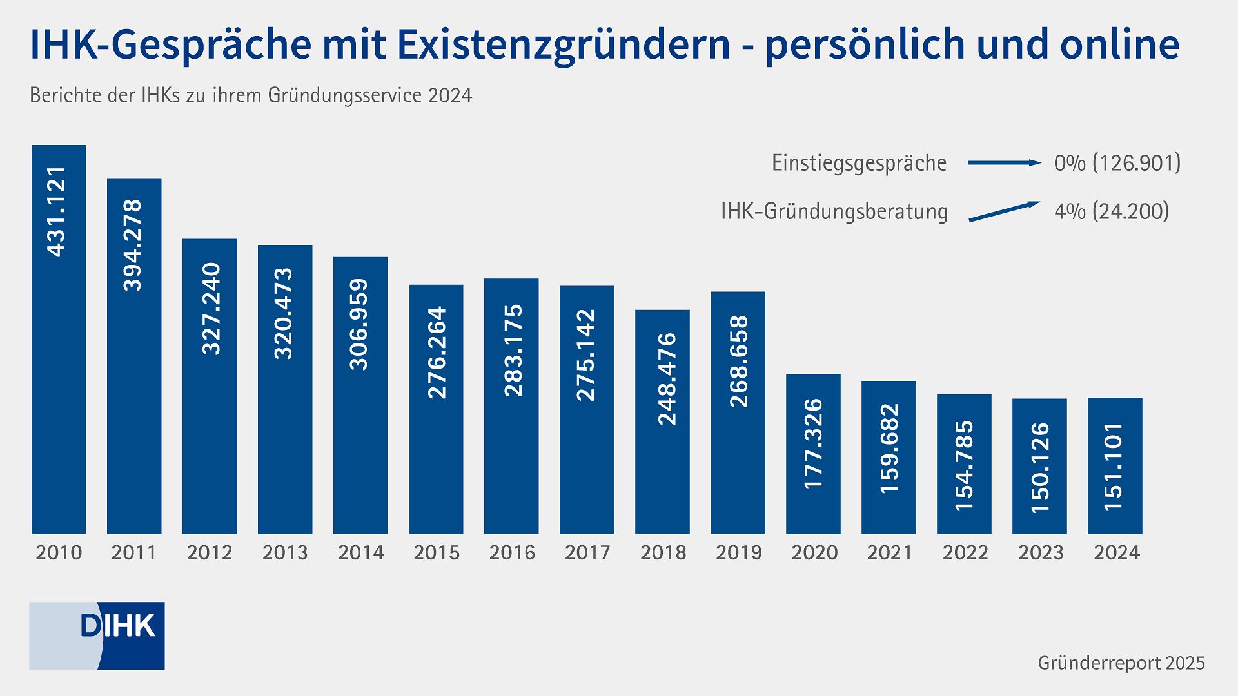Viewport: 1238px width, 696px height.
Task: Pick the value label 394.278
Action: click(x=133, y=245)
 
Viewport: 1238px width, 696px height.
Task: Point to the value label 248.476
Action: click(x=667, y=378)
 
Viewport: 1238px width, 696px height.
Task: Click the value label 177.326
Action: click(x=814, y=443)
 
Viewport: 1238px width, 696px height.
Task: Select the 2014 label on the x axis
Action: click(x=360, y=553)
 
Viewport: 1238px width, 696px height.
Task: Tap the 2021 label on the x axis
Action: click(x=889, y=553)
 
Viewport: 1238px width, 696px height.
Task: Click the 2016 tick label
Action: click(x=511, y=553)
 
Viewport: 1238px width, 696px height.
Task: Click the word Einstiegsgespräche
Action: click(x=859, y=163)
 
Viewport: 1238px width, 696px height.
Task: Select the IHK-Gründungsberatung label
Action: click(x=834, y=211)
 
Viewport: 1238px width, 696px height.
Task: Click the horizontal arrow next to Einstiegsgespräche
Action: click(x=1003, y=163)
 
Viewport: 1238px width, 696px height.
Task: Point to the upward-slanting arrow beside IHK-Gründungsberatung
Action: click(x=1003, y=212)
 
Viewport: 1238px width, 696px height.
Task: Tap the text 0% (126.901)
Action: click(x=1117, y=163)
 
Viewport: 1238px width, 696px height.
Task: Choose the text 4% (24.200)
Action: click(x=1111, y=211)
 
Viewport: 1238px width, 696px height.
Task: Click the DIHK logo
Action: click(x=97, y=635)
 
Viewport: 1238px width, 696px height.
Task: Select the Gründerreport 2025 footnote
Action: click(x=1121, y=663)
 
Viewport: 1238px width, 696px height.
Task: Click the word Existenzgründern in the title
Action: click(x=563, y=45)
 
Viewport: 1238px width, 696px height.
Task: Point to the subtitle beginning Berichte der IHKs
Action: click(x=251, y=95)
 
